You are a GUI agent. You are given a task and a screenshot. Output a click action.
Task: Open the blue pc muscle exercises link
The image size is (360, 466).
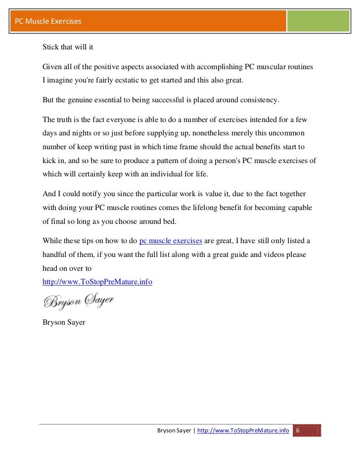point(171,241)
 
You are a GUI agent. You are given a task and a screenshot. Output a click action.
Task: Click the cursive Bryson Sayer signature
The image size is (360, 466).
point(78,300)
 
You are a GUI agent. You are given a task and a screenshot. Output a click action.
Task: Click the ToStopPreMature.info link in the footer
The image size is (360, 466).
point(243,431)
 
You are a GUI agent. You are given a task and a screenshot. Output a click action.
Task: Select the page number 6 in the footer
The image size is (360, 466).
point(298,431)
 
